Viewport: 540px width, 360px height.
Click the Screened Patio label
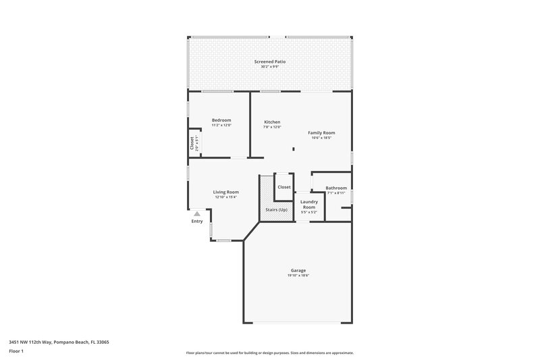[x=270, y=61]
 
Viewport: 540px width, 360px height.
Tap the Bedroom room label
[x=221, y=120]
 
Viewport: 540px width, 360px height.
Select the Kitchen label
[x=272, y=122]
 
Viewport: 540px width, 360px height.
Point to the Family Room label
[x=321, y=132]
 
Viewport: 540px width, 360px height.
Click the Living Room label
[x=226, y=192]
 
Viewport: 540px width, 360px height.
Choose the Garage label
[x=298, y=270]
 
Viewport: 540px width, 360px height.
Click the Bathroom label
[x=336, y=188]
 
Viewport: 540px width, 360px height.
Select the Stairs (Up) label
[x=276, y=210]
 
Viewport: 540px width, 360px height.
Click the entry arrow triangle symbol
[x=197, y=213]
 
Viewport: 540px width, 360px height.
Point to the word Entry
[x=197, y=222]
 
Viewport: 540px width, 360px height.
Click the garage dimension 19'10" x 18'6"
[x=298, y=276]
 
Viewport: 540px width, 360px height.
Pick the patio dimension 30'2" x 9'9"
[x=270, y=66]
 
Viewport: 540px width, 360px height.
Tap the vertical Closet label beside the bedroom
[x=192, y=143]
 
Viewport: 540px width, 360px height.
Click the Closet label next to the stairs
[x=284, y=187]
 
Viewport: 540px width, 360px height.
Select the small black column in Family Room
[x=293, y=149]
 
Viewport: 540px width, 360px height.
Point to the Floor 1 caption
[x=17, y=352]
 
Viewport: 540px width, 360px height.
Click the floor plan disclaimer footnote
[x=269, y=353]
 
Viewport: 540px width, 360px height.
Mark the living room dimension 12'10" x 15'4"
[x=226, y=197]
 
